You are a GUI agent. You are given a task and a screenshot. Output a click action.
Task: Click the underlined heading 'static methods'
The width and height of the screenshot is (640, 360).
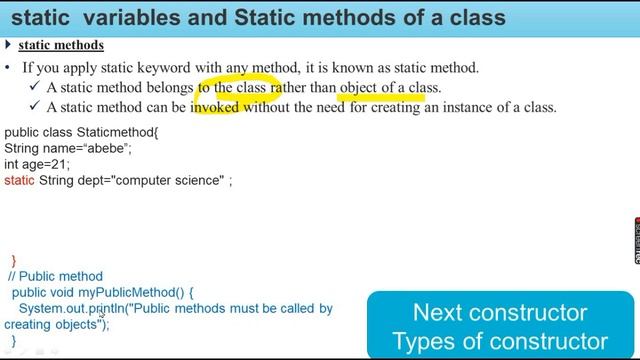(x=61, y=46)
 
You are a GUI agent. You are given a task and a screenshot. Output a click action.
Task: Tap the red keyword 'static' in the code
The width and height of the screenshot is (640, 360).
(x=19, y=180)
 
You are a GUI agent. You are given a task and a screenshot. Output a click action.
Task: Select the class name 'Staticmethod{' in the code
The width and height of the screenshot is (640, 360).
(x=116, y=131)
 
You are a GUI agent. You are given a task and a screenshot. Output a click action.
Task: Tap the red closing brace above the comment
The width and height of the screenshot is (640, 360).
(x=13, y=261)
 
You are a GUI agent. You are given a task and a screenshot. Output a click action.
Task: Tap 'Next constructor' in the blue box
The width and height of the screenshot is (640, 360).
(x=499, y=311)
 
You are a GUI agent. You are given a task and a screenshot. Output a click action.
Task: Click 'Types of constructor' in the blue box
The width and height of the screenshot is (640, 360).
(x=499, y=340)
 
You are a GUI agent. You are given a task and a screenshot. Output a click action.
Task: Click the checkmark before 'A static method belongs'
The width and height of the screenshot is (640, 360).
(x=34, y=88)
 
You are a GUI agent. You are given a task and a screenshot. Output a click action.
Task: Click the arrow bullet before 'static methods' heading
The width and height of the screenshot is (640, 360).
(x=8, y=46)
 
